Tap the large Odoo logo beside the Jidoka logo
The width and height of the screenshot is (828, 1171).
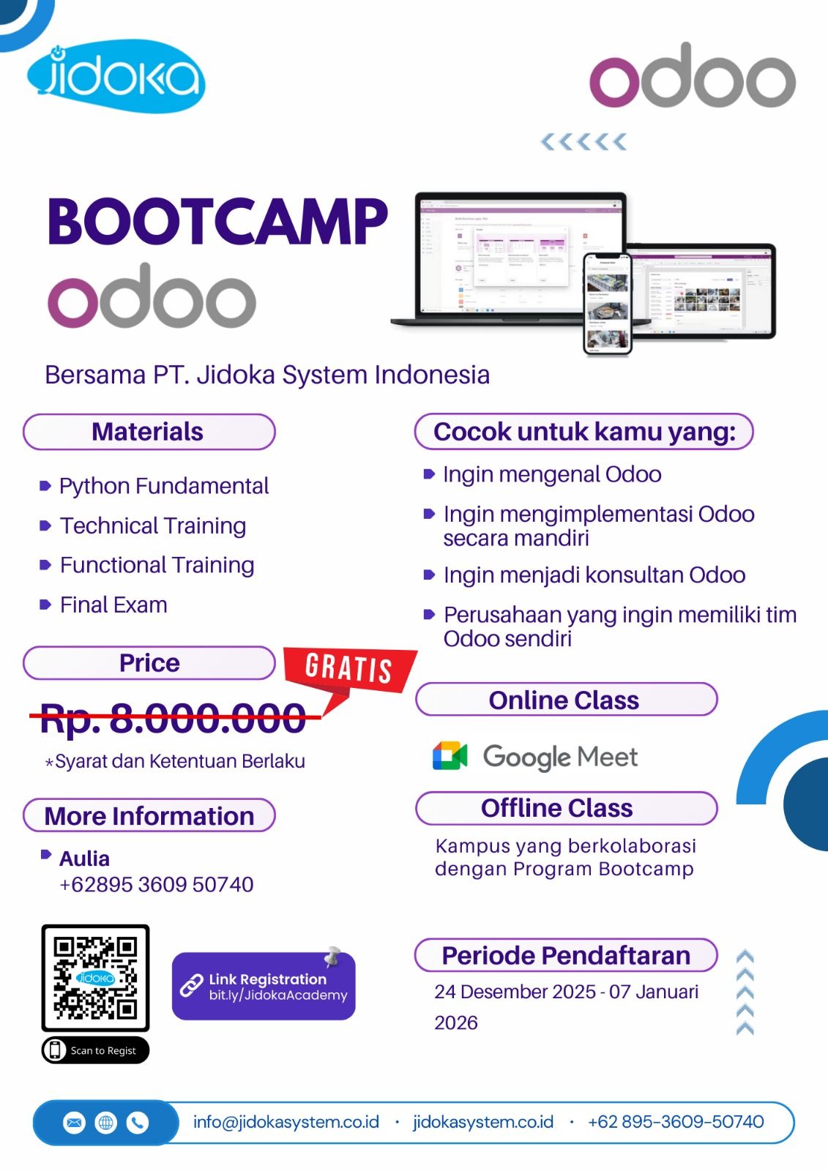(692, 77)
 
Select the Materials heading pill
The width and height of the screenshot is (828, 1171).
(149, 432)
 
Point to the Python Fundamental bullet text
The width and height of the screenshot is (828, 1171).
(164, 486)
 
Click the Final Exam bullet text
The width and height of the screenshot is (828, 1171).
(113, 605)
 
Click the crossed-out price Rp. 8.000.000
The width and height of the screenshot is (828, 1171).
(174, 718)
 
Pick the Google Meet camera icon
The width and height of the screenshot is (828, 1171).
(450, 756)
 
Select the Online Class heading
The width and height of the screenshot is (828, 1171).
(565, 700)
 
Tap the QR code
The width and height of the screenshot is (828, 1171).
(95, 978)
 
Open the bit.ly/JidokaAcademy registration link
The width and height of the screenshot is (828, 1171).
(277, 995)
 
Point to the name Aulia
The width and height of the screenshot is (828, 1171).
(84, 858)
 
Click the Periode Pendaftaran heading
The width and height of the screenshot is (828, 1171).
(565, 955)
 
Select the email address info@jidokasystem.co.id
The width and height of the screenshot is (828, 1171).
(286, 1122)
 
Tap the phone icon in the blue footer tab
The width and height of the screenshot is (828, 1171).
(138, 1123)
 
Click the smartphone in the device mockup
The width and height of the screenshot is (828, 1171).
(607, 304)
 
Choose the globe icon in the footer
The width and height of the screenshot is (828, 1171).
(106, 1123)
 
